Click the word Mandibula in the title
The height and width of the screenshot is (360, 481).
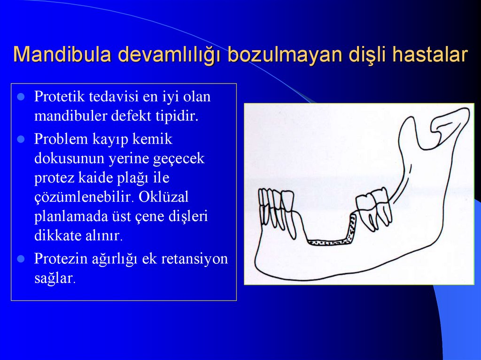point(62,55)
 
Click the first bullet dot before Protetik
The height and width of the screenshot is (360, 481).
point(21,97)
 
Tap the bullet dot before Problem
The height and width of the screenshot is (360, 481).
point(21,139)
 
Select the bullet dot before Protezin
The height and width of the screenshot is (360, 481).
point(21,259)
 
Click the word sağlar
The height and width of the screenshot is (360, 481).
point(54,278)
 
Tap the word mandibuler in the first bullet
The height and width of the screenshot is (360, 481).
point(70,116)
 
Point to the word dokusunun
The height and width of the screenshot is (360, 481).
point(69,158)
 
